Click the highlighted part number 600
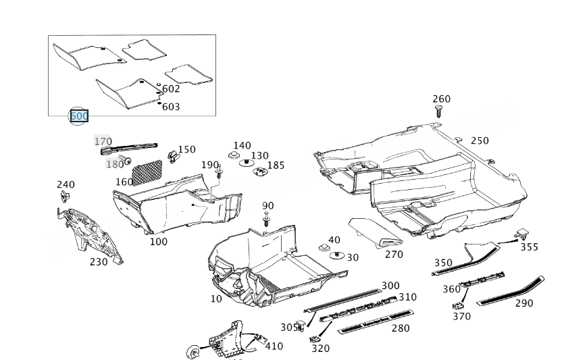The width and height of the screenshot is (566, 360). (x=79, y=116)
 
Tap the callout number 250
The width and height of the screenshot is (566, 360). (x=480, y=140)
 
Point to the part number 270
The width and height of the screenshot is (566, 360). (x=394, y=254)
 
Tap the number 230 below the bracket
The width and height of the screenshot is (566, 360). (x=99, y=261)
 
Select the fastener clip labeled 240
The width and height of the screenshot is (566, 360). (x=66, y=197)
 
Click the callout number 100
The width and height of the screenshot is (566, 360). (x=159, y=241)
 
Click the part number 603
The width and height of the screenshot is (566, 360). (x=171, y=107)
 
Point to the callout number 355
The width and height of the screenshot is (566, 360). (x=529, y=247)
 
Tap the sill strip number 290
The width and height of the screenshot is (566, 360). (x=524, y=303)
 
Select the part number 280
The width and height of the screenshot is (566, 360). (x=401, y=328)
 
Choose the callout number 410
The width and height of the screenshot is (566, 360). (x=274, y=346)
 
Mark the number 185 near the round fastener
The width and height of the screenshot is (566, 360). (x=276, y=165)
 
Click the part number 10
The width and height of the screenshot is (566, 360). (x=216, y=299)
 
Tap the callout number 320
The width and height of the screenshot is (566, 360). (x=321, y=349)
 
